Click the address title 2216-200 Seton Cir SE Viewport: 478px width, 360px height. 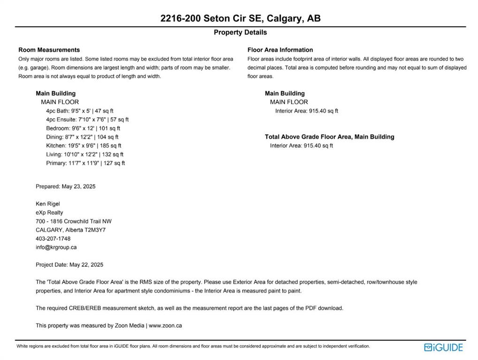click(x=240, y=18)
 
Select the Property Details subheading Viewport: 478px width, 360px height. click(x=240, y=32)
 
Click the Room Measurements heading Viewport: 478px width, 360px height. click(x=49, y=50)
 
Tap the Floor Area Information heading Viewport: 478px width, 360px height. click(x=280, y=50)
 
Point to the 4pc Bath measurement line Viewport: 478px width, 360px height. click(x=80, y=111)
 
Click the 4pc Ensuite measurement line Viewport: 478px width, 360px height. click(x=87, y=120)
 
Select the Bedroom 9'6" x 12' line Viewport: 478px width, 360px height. click(x=83, y=128)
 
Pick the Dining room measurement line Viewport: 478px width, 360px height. click(x=82, y=137)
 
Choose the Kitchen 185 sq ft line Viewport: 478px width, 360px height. click(x=83, y=146)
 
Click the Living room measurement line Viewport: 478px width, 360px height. click(x=84, y=154)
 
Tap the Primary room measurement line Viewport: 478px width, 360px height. click(x=85, y=163)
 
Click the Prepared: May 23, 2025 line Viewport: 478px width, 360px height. click(x=66, y=187)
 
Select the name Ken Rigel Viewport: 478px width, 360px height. click(x=48, y=204)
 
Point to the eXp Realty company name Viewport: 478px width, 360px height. click(x=49, y=212)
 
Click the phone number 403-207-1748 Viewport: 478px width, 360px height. click(x=53, y=239)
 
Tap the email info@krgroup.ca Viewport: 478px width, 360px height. click(x=56, y=247)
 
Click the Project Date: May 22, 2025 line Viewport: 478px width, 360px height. click(x=69, y=265)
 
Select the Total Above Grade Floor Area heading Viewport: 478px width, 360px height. click(x=329, y=137)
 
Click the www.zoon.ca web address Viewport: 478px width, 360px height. click(x=165, y=325)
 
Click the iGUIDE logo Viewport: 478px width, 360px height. click(x=443, y=347)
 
